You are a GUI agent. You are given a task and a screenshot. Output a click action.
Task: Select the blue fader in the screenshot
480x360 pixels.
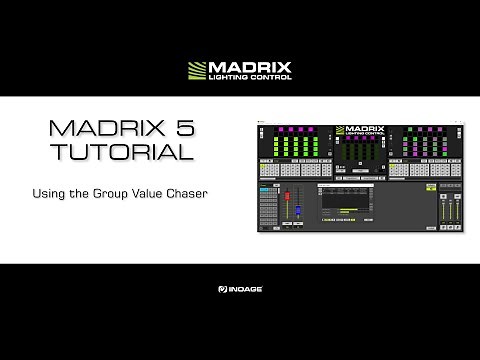tap(297, 210)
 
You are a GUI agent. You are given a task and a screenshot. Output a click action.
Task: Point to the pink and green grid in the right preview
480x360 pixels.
tap(416, 145)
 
